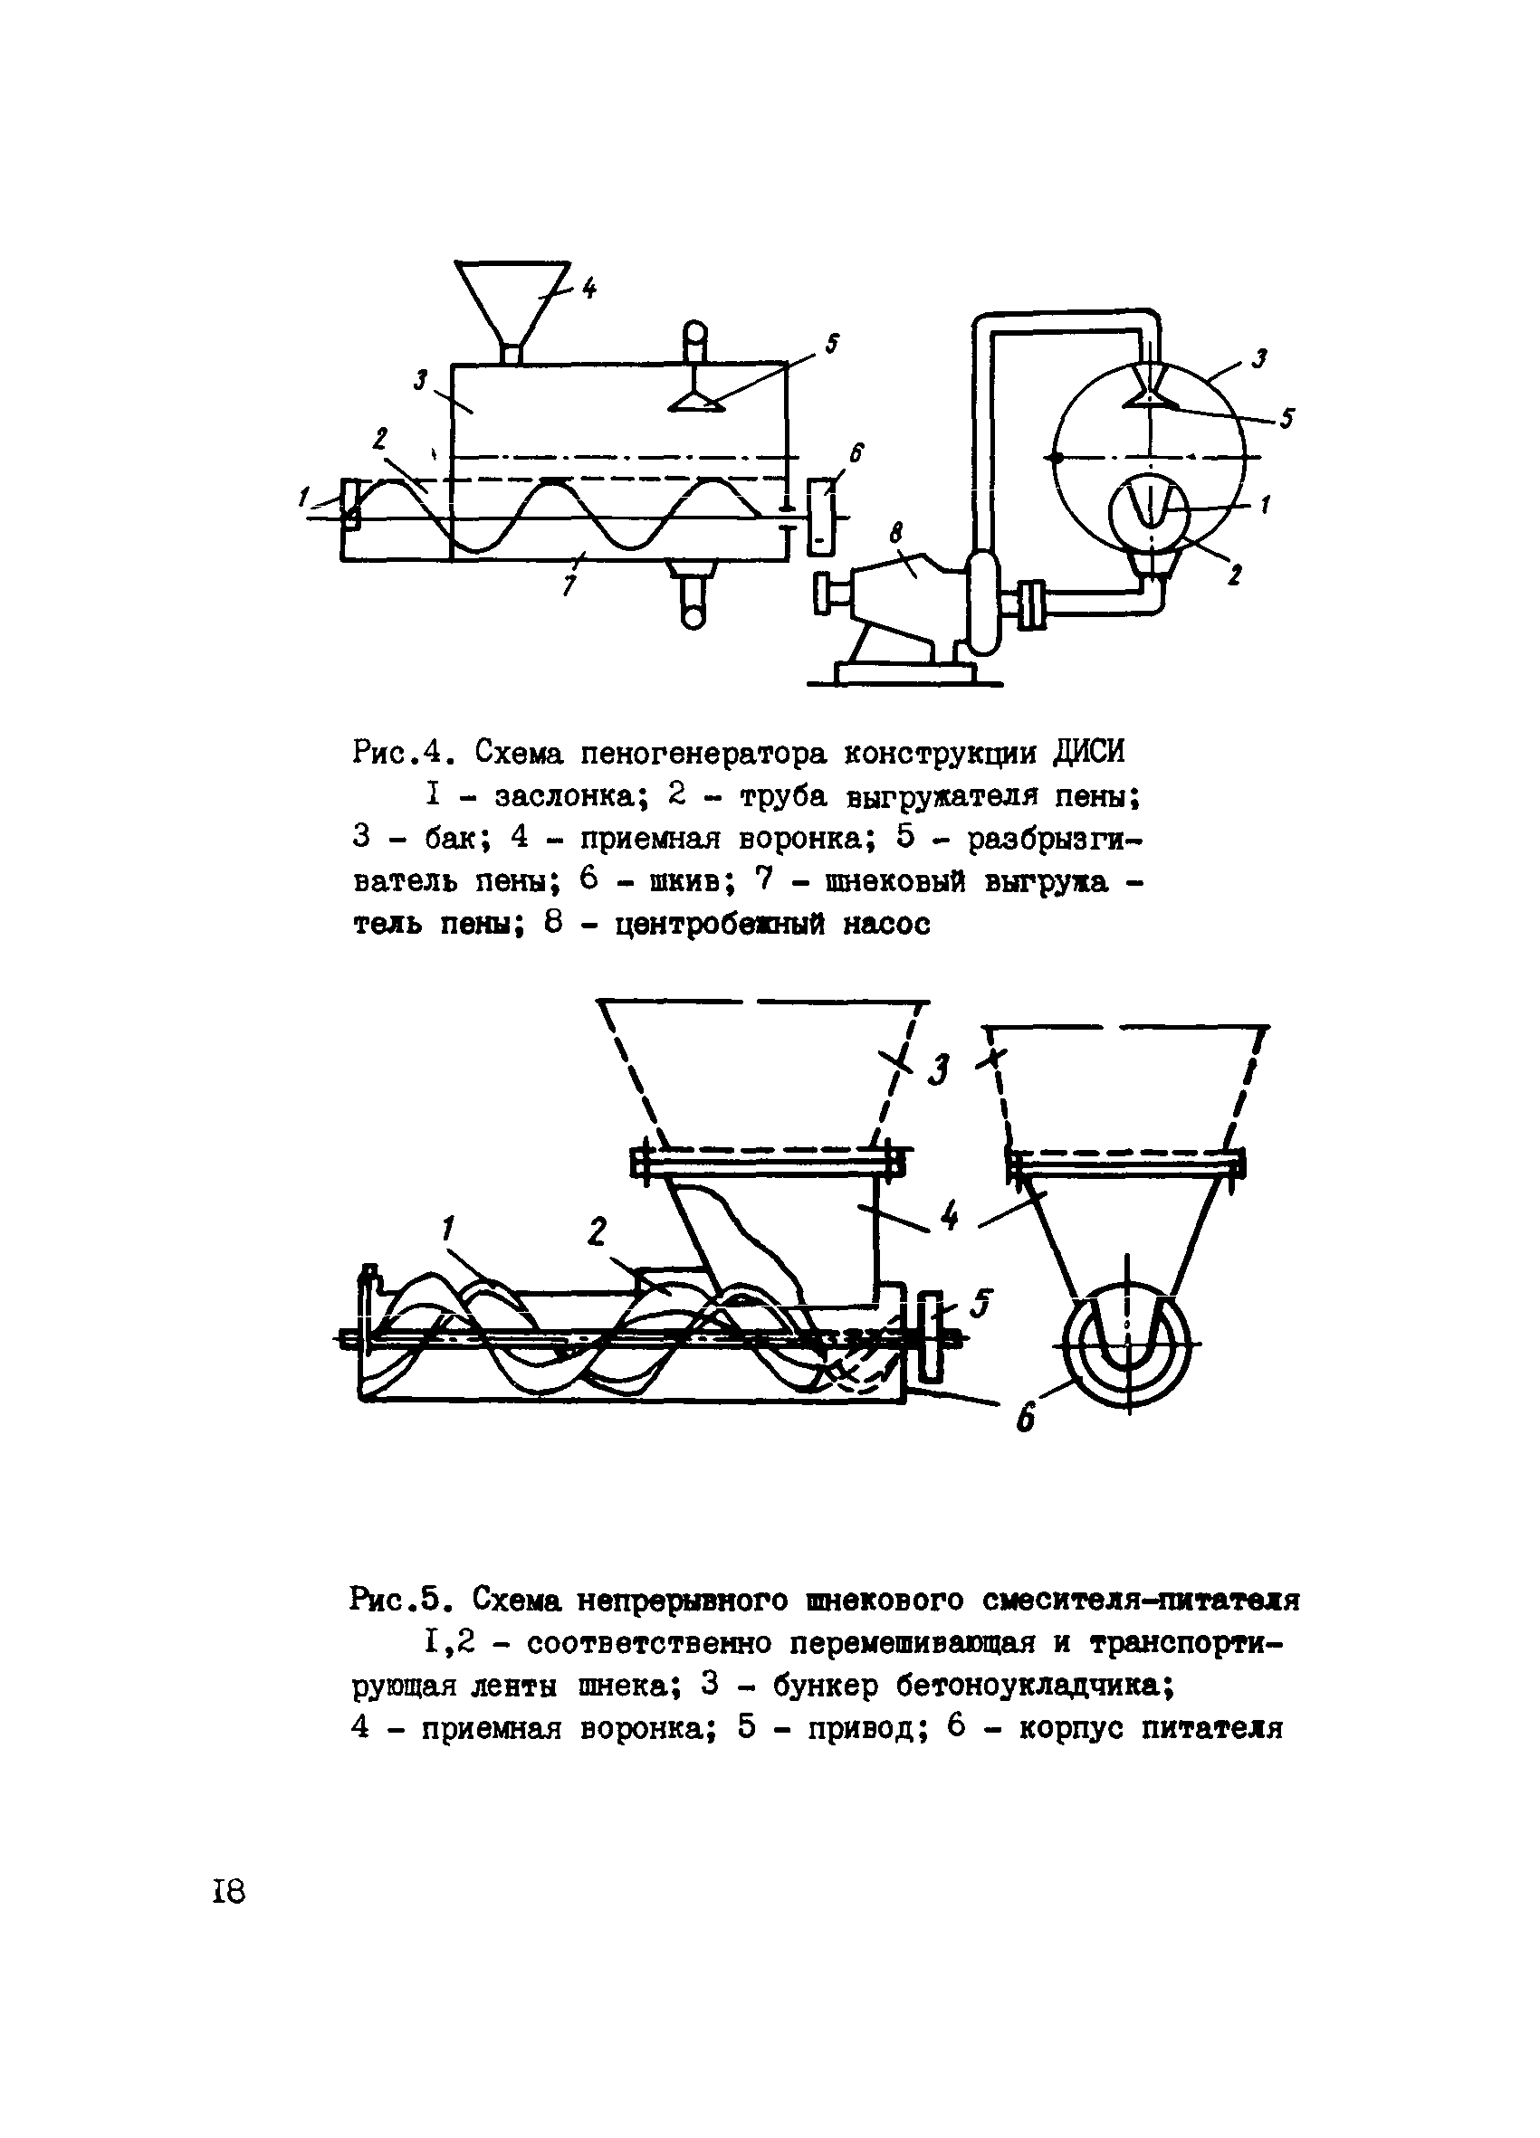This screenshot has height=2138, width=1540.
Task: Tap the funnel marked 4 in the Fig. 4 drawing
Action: tap(512, 299)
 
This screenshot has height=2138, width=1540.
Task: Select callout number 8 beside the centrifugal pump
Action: tap(895, 535)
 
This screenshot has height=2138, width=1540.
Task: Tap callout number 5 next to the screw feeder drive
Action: tap(981, 1304)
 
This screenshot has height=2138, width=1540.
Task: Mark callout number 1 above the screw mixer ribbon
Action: tap(448, 1229)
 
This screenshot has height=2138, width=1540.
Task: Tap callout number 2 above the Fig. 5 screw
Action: tap(596, 1233)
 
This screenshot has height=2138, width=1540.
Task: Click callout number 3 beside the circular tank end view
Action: tap(1258, 358)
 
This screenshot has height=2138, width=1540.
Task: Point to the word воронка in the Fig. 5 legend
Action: tap(643, 1728)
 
